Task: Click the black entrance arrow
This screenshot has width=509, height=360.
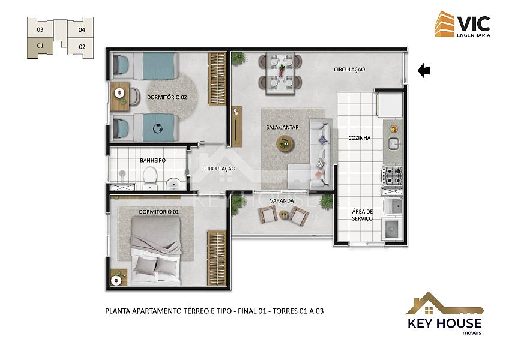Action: click(x=424, y=70)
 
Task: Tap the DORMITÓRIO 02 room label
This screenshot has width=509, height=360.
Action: click(x=167, y=97)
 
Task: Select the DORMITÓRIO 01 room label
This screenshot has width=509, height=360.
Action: click(x=158, y=212)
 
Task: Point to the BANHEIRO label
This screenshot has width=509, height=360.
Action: click(x=153, y=160)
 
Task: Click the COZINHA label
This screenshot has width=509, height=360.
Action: click(x=360, y=138)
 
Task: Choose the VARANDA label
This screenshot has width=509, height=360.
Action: click(x=282, y=201)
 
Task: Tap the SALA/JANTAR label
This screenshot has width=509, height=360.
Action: click(x=283, y=128)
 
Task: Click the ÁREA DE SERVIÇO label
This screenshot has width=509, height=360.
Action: click(x=363, y=215)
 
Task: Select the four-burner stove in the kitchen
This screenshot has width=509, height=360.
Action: click(x=392, y=176)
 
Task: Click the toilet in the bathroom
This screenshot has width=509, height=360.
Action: click(x=150, y=177)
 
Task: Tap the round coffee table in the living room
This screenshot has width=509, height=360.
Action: click(x=285, y=143)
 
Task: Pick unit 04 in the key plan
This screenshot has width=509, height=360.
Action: click(x=81, y=29)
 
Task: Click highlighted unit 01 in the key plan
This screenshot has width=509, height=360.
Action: click(x=40, y=47)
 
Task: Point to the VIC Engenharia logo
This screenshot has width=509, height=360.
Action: click(x=463, y=24)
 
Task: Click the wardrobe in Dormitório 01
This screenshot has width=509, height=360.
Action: click(x=217, y=258)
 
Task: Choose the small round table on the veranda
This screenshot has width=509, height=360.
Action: click(x=284, y=214)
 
